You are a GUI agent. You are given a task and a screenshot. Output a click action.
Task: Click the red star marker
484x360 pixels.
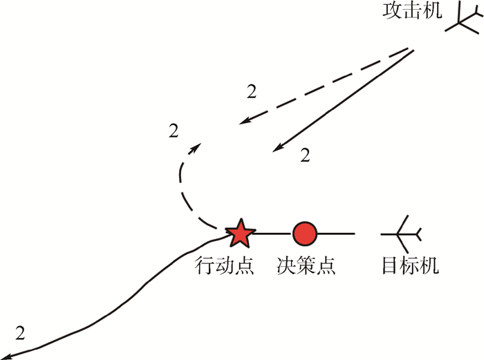point(240,234)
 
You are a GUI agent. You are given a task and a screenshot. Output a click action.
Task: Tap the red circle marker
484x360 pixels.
point(304,234)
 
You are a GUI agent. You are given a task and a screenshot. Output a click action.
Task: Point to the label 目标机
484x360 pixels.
point(410,265)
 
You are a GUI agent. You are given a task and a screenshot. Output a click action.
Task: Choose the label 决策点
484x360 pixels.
point(306,265)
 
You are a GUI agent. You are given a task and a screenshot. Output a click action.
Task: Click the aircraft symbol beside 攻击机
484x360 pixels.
point(462,22)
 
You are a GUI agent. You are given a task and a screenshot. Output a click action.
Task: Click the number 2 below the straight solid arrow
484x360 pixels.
point(305,156)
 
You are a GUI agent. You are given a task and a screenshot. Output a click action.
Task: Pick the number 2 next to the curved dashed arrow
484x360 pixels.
point(174,130)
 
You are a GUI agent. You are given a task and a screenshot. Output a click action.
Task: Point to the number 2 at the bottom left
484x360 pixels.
point(19,332)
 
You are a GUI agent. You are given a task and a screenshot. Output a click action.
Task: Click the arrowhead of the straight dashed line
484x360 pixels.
point(244,122)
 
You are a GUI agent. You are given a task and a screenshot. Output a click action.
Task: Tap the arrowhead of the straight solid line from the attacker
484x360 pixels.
point(277,148)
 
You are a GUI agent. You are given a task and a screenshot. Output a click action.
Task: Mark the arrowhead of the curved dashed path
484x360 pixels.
point(198,146)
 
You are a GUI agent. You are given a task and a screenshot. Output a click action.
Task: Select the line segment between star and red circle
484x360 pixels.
point(271,234)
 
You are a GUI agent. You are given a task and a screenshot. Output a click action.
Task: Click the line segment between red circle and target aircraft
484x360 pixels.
point(336,234)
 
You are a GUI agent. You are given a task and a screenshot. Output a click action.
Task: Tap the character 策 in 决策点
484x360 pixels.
point(306,265)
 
